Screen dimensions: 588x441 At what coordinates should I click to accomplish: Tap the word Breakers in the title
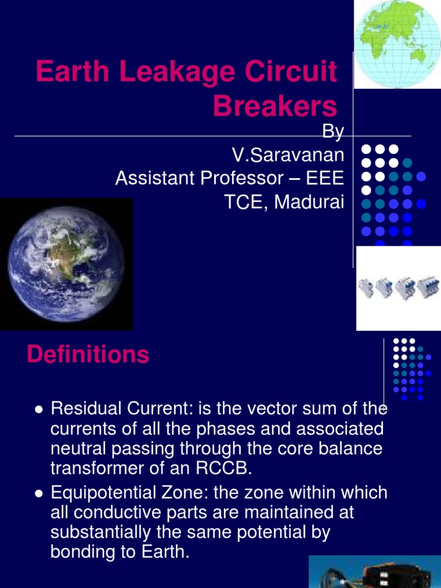[275, 106]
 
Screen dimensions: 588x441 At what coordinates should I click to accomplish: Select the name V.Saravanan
[288, 155]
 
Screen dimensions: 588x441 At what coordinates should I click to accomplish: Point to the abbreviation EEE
[325, 178]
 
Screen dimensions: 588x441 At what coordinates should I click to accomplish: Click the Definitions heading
[88, 355]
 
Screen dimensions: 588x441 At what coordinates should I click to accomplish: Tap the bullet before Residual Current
[38, 409]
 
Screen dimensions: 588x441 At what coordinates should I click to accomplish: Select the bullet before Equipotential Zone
[38, 493]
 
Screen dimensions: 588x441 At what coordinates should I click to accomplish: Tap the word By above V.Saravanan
[333, 133]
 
